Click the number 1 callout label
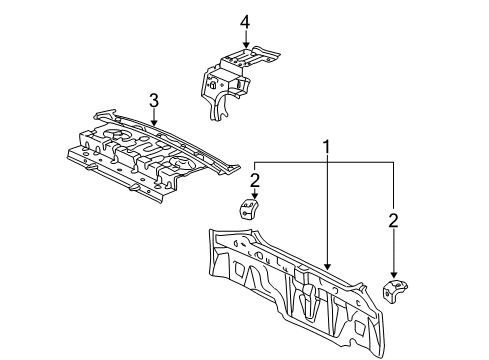click(326, 147)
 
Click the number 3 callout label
click(154, 99)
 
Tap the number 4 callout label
click(244, 22)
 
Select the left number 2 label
click(255, 179)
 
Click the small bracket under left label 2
click(247, 209)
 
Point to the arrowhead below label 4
click(244, 46)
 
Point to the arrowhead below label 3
click(154, 125)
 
